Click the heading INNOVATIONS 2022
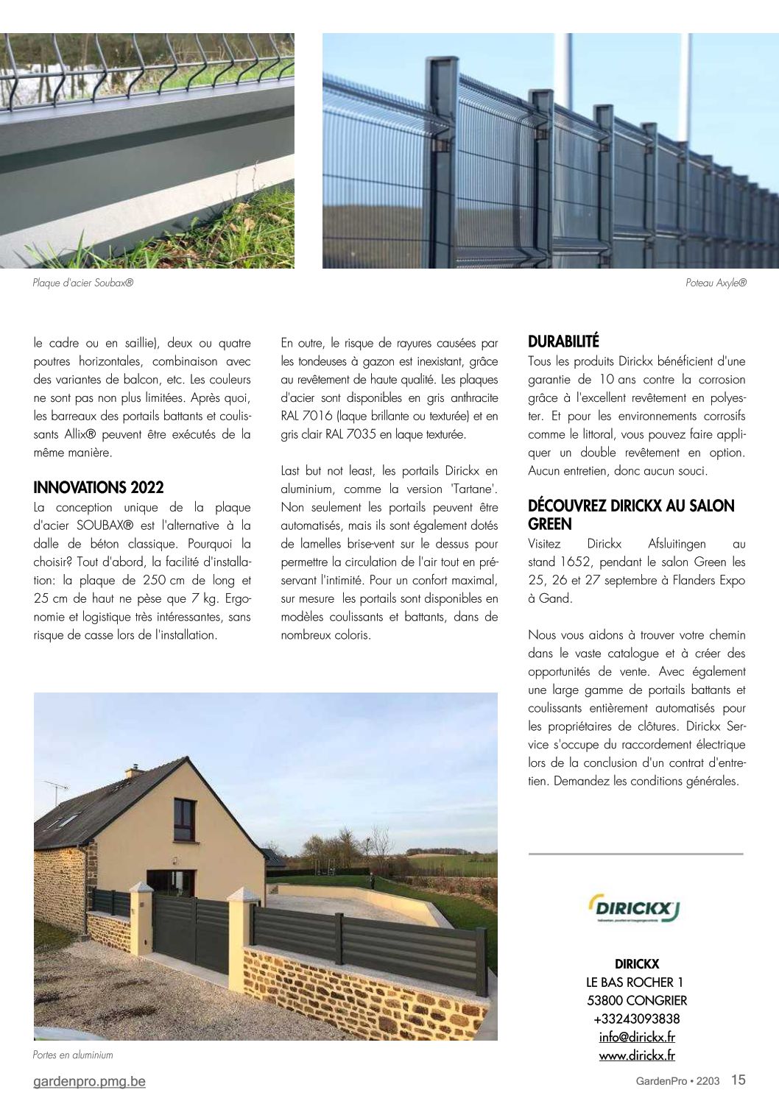click(99, 487)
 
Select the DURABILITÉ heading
click(563, 341)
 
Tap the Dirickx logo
click(635, 908)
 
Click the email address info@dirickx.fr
click(637, 1037)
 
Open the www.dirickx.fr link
click(637, 1055)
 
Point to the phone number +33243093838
click(637, 1019)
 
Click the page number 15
click(738, 1080)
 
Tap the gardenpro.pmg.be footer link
click(89, 1081)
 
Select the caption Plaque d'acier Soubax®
click(83, 283)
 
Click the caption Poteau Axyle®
click(715, 283)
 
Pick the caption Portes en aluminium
click(73, 1055)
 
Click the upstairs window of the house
click(184, 819)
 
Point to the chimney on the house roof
click(134, 771)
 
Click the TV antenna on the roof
click(57, 789)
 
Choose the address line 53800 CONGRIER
click(637, 1000)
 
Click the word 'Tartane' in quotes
click(473, 489)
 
